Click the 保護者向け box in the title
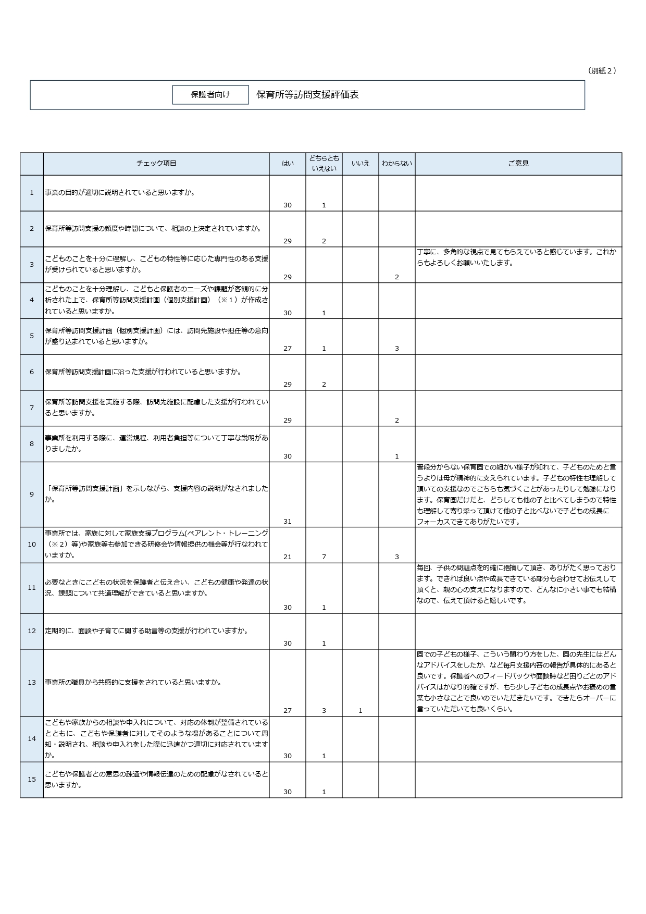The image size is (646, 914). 210,95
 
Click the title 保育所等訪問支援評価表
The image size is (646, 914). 307,94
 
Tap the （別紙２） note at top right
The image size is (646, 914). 602,71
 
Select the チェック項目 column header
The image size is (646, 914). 156,164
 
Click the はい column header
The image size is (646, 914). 288,164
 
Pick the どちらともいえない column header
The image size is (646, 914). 324,164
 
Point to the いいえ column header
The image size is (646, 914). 361,164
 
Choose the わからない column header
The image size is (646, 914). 397,164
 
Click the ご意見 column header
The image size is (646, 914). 518,164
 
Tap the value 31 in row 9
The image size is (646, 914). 288,522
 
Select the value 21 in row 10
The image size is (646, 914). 288,557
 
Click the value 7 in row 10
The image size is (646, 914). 324,557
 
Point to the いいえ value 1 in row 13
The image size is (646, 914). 361,711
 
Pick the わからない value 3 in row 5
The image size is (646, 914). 397,349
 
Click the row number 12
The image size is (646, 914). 32,631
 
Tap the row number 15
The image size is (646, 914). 32,780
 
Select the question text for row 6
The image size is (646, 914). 143,372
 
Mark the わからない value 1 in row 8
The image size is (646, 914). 397,456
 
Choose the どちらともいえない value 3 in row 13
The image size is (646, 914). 324,711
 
